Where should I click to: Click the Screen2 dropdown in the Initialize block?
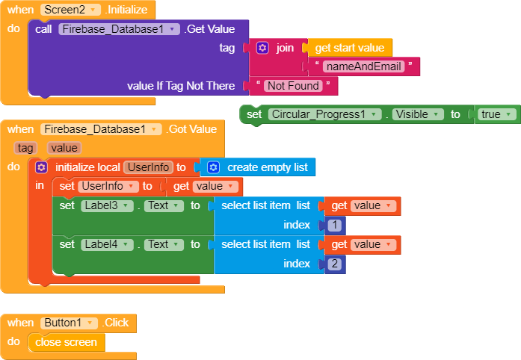pos(71,10)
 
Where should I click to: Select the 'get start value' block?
pos(349,48)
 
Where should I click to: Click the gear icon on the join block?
pos(262,48)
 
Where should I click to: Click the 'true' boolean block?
pos(496,114)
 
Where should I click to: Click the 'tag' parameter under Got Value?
pos(26,148)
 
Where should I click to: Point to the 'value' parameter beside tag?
pos(64,148)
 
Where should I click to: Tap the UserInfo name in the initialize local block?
pos(148,167)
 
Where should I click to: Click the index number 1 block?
pos(335,225)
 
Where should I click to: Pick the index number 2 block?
pos(335,264)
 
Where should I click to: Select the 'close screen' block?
pos(66,342)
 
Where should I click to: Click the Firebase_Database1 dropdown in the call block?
pos(120,29)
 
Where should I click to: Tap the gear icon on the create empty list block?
pos(214,167)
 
